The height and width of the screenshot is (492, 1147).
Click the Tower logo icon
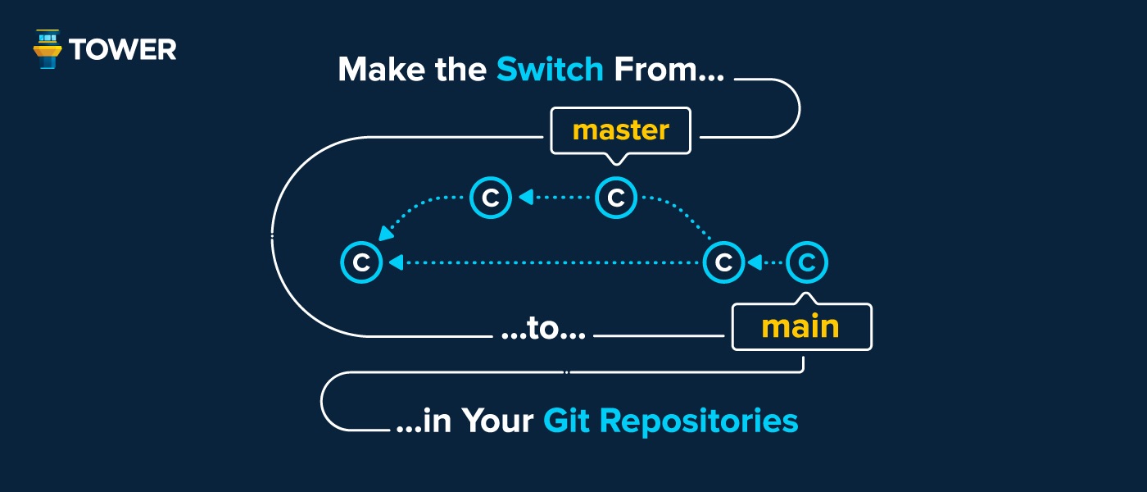point(47,49)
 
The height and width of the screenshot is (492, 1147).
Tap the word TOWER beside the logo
point(123,50)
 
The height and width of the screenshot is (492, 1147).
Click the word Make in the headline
point(381,70)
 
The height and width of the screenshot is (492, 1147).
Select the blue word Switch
point(550,70)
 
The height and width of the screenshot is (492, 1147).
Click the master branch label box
point(620,130)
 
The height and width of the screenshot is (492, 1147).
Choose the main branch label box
point(800,327)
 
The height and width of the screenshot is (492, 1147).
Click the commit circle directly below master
point(616,198)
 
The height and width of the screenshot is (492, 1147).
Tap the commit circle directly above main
point(807,263)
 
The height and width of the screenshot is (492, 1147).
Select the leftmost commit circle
point(360,263)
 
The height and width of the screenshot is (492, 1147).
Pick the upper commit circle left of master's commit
point(491,198)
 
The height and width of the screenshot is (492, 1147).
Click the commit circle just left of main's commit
point(723,263)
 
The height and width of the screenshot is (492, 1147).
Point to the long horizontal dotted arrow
point(549,263)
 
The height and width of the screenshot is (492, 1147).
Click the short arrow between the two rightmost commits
point(765,263)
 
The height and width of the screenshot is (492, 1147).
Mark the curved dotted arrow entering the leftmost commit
point(418,212)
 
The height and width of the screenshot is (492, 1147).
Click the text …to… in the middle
point(542,335)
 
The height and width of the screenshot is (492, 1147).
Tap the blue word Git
point(566,421)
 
